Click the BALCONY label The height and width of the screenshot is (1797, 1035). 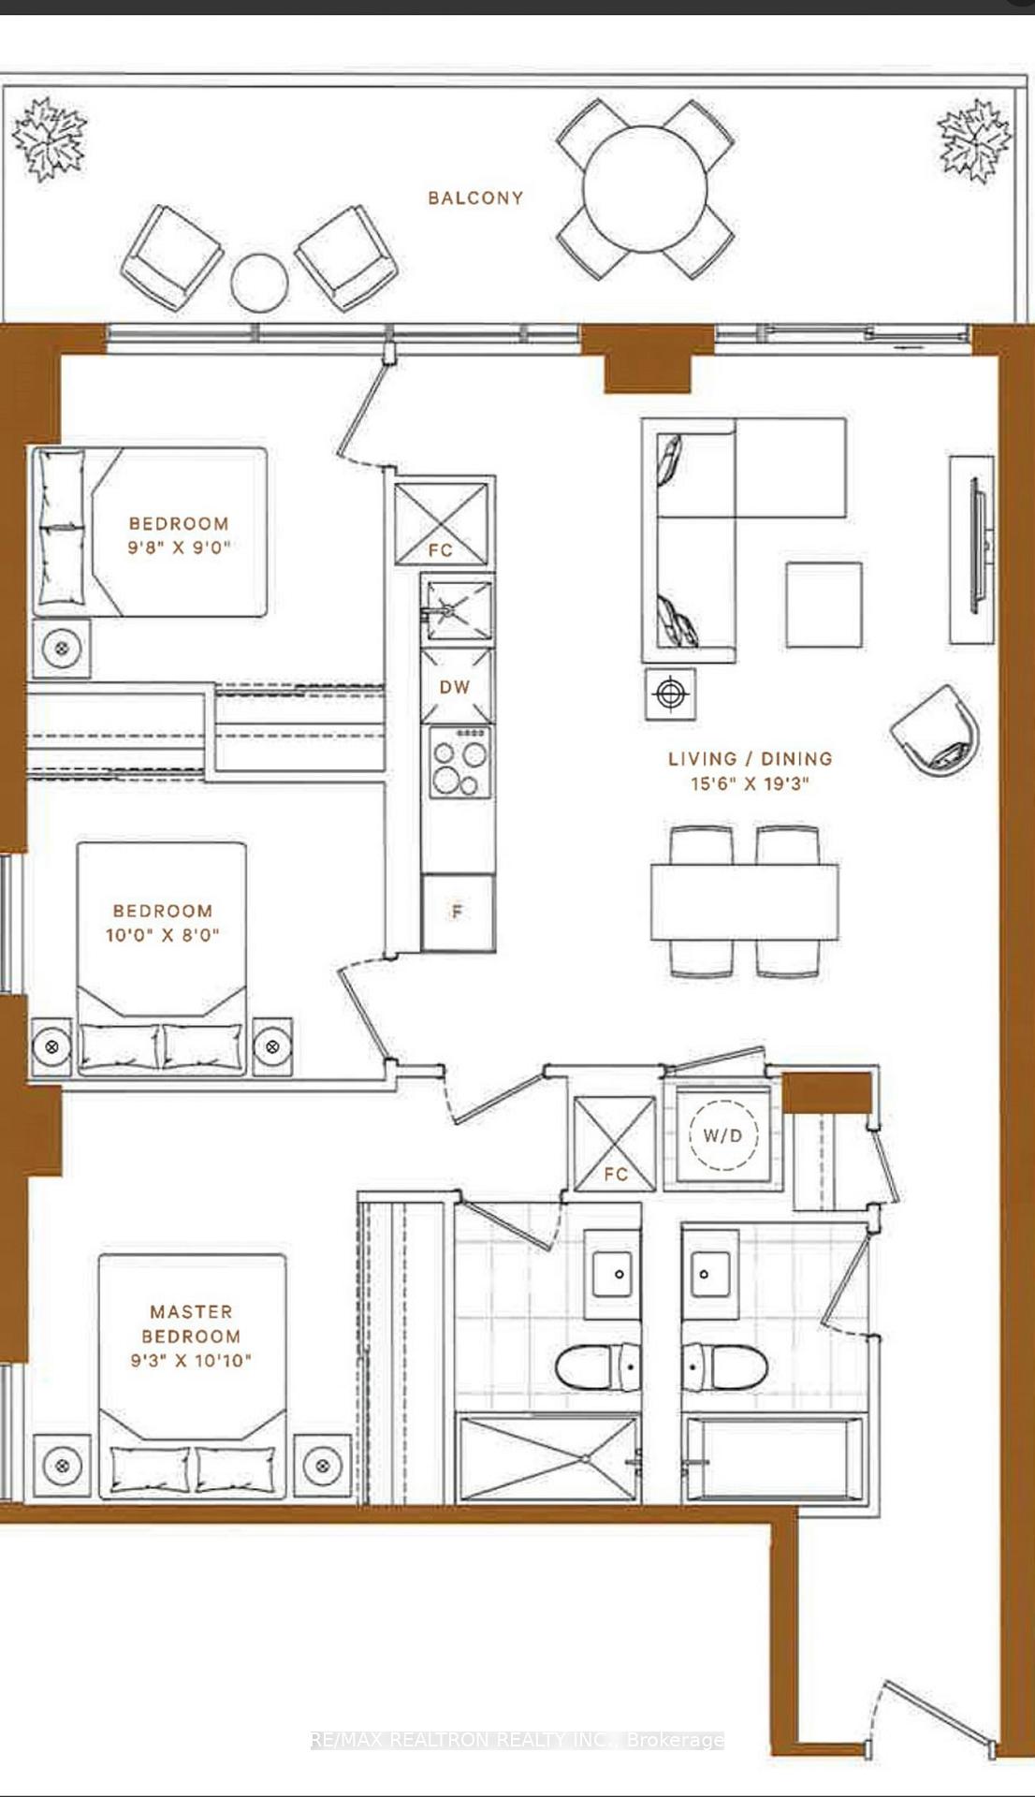tap(475, 197)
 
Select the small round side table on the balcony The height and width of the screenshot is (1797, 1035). tap(259, 282)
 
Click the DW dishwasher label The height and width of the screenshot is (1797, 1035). tap(455, 687)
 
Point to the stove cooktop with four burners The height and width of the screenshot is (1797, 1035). tap(458, 761)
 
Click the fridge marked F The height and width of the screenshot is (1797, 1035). tap(458, 912)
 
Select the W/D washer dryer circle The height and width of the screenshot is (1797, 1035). tap(722, 1136)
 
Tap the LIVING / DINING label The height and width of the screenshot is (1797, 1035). tap(750, 759)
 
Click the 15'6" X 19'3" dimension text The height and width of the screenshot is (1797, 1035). tap(750, 783)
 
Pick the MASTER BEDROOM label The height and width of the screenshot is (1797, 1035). tap(191, 1323)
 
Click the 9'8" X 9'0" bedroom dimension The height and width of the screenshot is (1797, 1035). tap(179, 548)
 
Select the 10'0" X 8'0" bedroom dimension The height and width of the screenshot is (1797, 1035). tap(163, 934)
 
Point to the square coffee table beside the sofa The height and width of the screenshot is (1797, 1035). tap(824, 605)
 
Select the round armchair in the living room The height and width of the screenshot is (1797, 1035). tap(936, 731)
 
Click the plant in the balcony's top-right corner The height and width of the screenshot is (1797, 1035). tap(974, 140)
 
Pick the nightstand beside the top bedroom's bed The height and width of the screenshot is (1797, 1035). tap(62, 648)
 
